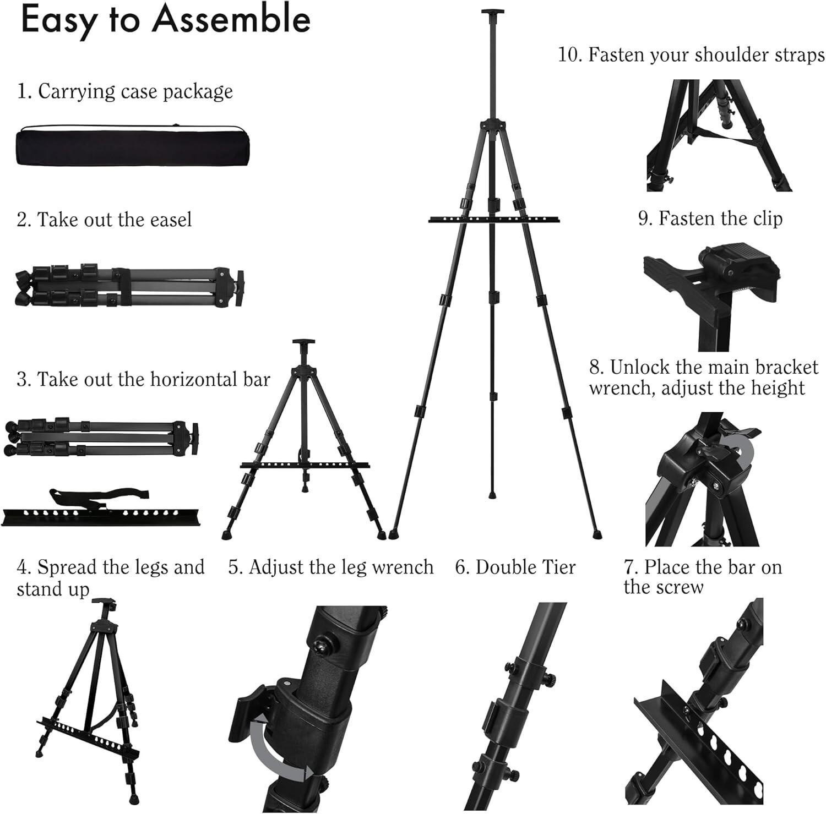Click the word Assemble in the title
click(x=231, y=20)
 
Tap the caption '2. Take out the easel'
click(x=104, y=220)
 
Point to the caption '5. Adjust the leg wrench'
click(x=331, y=567)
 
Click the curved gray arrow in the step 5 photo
click(x=275, y=751)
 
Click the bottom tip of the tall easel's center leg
click(x=491, y=495)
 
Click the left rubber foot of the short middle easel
click(x=227, y=534)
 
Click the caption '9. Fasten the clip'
click(x=710, y=218)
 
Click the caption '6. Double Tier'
click(x=515, y=567)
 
